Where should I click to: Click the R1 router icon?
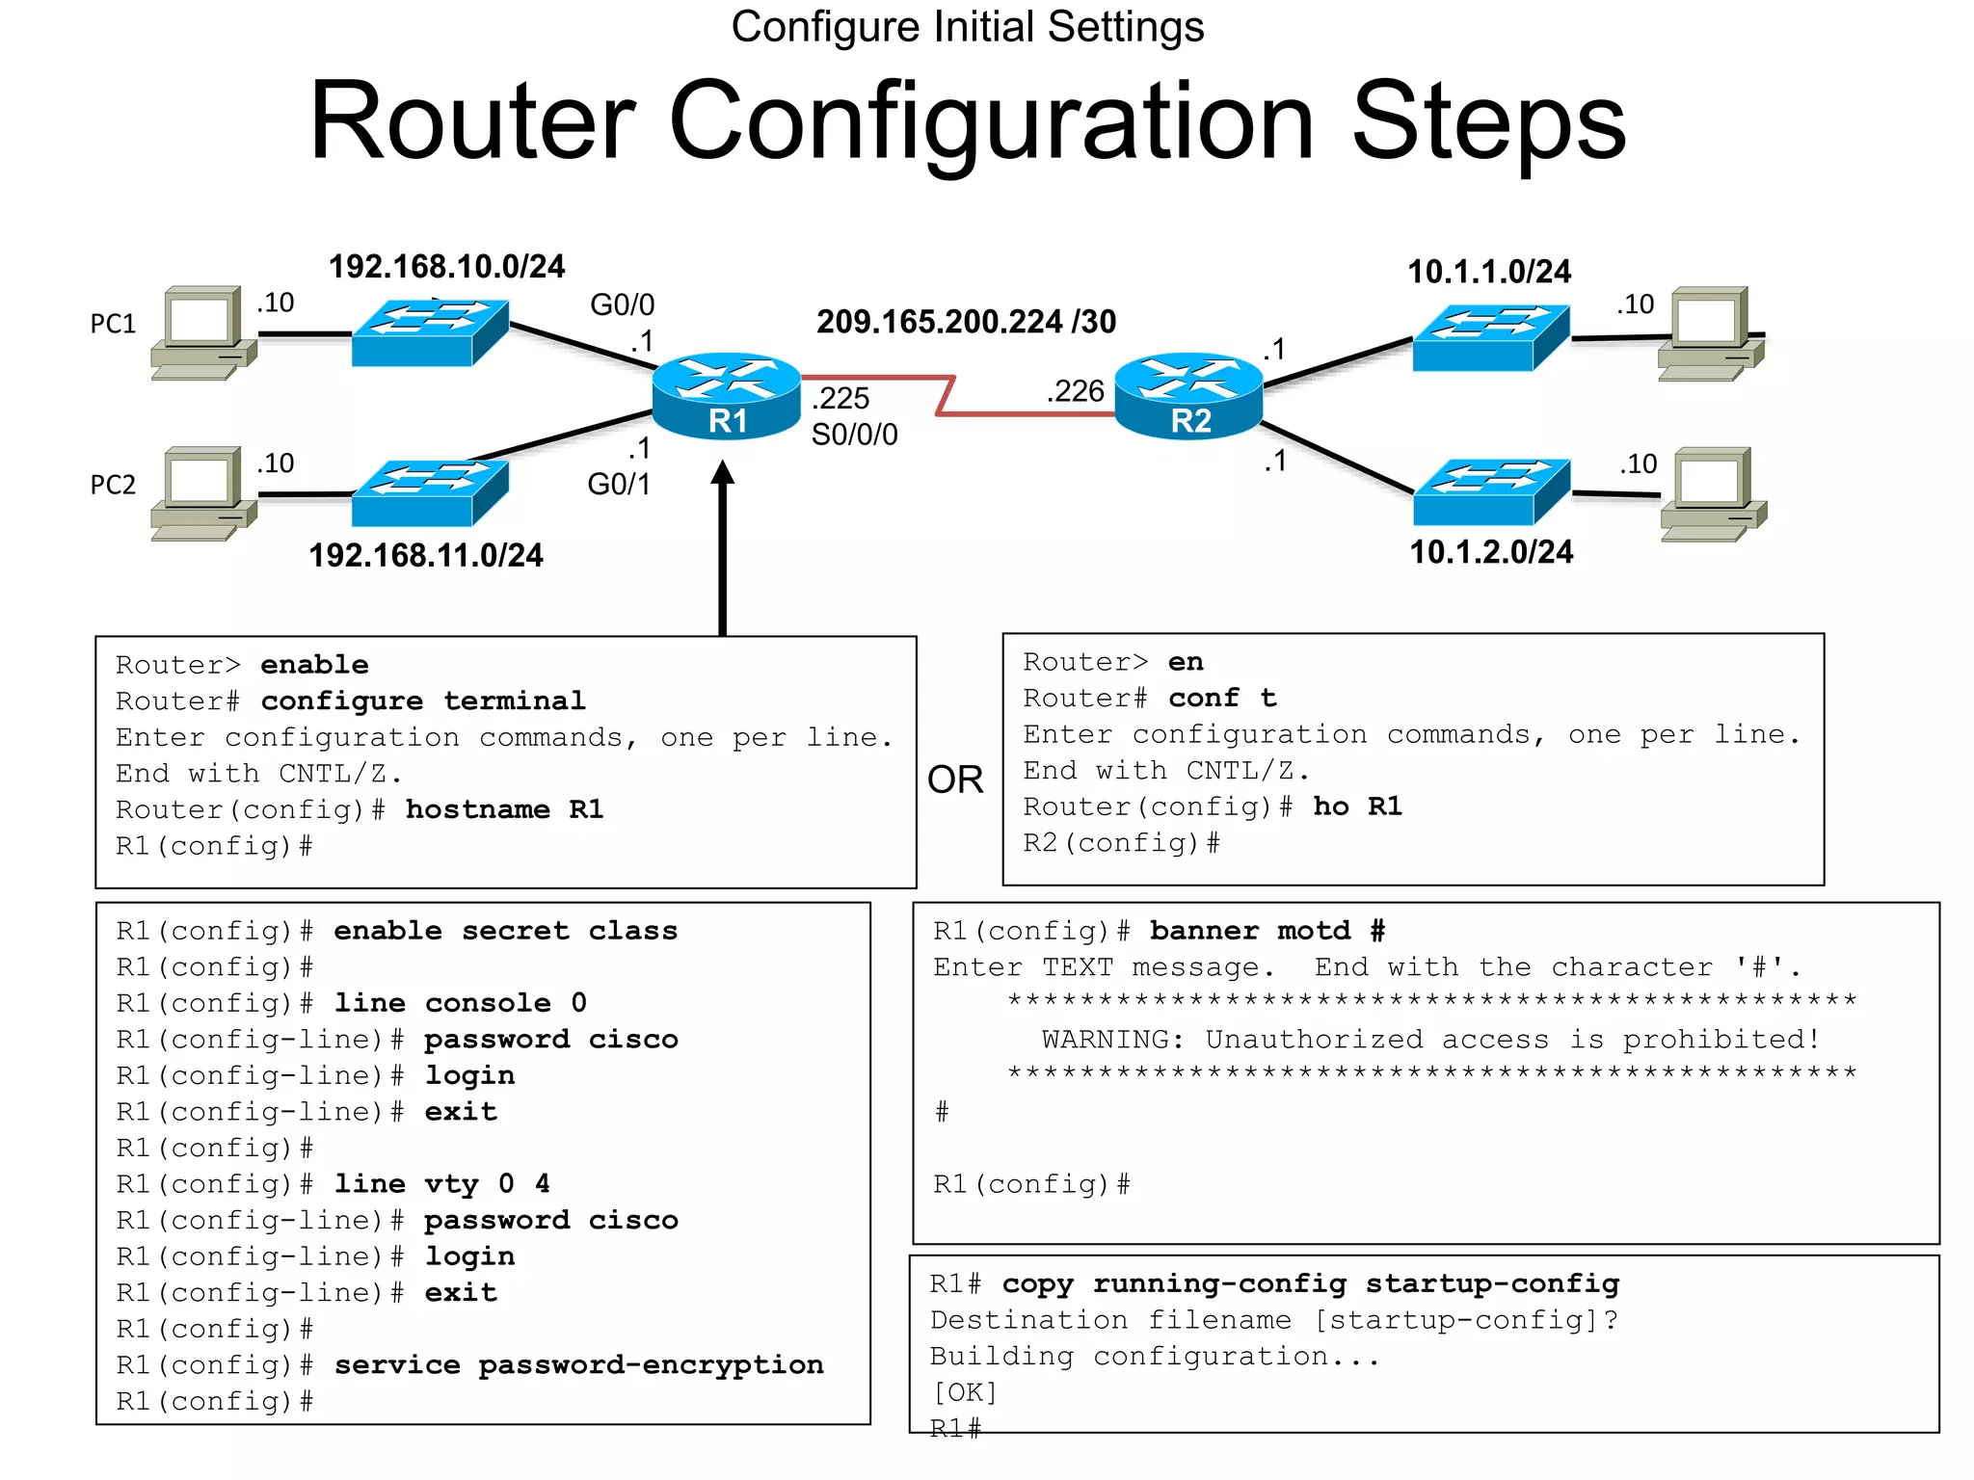click(726, 396)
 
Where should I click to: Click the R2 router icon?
click(1188, 396)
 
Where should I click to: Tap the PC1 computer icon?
click(203, 332)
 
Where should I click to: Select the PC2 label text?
click(113, 485)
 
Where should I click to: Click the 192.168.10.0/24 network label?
click(446, 267)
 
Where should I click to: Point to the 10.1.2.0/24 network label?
click(1490, 552)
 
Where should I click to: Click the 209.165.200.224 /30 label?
click(966, 322)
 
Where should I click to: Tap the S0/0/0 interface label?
click(854, 435)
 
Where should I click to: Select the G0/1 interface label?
click(619, 484)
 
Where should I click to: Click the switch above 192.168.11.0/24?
click(430, 492)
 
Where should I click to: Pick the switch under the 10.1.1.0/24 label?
click(1490, 337)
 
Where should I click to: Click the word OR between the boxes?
click(954, 780)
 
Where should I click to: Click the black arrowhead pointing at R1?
click(723, 473)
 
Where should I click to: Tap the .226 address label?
click(1075, 391)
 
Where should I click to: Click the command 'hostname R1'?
click(504, 809)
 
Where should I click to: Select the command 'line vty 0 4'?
click(441, 1183)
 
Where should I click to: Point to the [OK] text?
click(964, 1392)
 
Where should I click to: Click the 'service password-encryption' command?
click(578, 1364)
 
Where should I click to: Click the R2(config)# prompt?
click(1121, 843)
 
